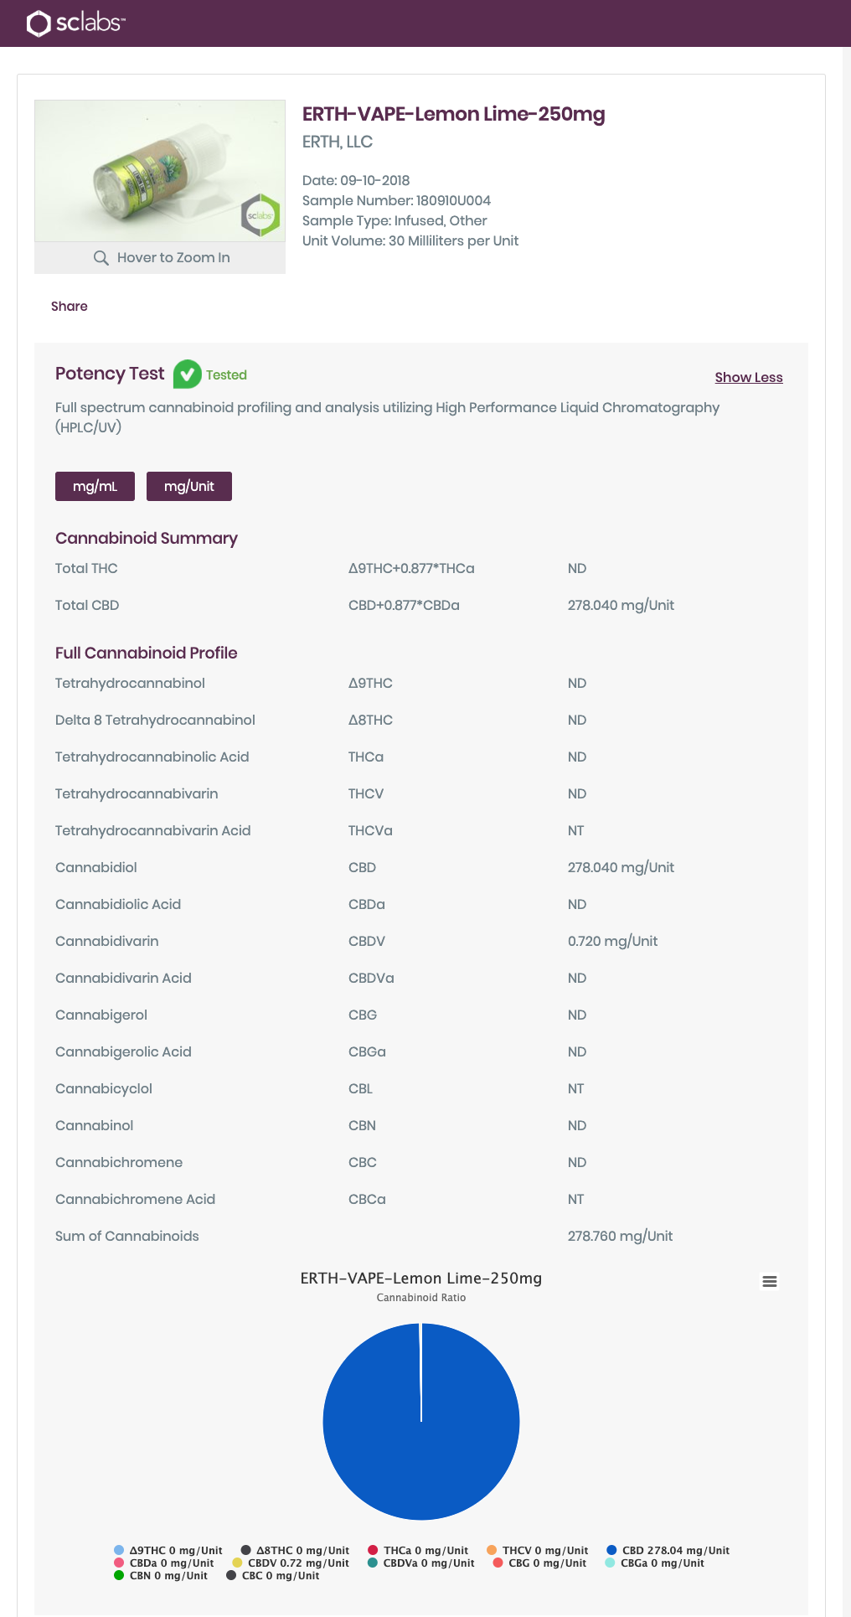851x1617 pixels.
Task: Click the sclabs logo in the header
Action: tap(75, 23)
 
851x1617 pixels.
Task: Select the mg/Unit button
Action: tap(189, 487)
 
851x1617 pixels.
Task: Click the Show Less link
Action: tap(748, 378)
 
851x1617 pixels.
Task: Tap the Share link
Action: tap(70, 307)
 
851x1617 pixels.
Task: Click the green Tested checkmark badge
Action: tap(187, 375)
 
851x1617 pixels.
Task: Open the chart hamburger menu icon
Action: tap(769, 1282)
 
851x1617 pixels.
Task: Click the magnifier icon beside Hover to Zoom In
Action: tap(101, 258)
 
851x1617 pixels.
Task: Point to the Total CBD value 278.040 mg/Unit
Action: tap(621, 606)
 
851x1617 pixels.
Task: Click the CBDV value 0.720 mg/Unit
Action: tap(612, 942)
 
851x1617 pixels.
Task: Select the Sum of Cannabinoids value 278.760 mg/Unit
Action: tap(620, 1237)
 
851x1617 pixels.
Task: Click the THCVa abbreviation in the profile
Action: tap(370, 831)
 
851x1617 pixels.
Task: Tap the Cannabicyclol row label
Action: tap(104, 1089)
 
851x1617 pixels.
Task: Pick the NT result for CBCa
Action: tap(575, 1200)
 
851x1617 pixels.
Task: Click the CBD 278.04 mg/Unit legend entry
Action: tap(668, 1551)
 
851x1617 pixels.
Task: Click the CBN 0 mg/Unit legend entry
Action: tap(161, 1576)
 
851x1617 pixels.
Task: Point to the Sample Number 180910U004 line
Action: tap(396, 201)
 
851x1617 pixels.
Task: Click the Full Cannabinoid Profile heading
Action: tap(147, 654)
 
